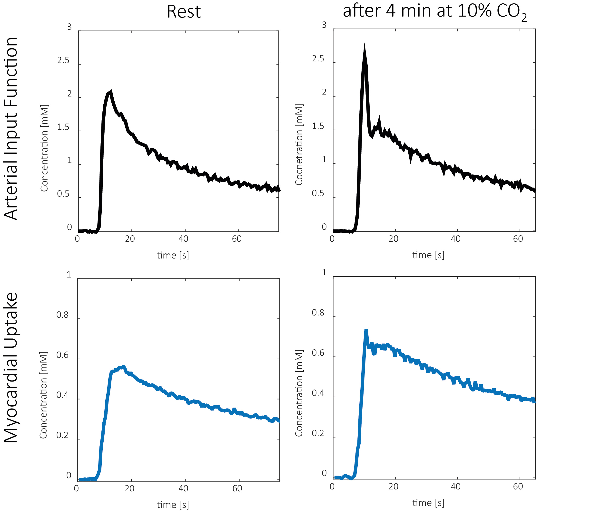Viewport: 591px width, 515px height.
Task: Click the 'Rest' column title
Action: [184, 12]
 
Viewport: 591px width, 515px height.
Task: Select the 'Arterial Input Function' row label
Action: [11, 128]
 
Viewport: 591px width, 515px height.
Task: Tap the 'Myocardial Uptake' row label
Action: [11, 368]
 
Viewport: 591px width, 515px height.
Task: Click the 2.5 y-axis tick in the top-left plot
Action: [63, 60]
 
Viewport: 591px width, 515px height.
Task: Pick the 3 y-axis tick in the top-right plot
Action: [324, 25]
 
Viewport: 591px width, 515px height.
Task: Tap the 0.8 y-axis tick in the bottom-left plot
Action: [62, 315]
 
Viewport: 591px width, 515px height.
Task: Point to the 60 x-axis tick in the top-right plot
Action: [518, 239]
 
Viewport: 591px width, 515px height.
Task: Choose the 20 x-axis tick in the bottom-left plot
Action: [129, 488]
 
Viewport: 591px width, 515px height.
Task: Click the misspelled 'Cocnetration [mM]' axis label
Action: [299, 144]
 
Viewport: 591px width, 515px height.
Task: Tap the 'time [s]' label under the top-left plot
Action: [173, 255]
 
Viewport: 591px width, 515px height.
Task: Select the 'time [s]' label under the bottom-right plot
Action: [428, 503]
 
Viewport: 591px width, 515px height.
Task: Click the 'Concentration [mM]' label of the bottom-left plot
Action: [43, 395]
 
